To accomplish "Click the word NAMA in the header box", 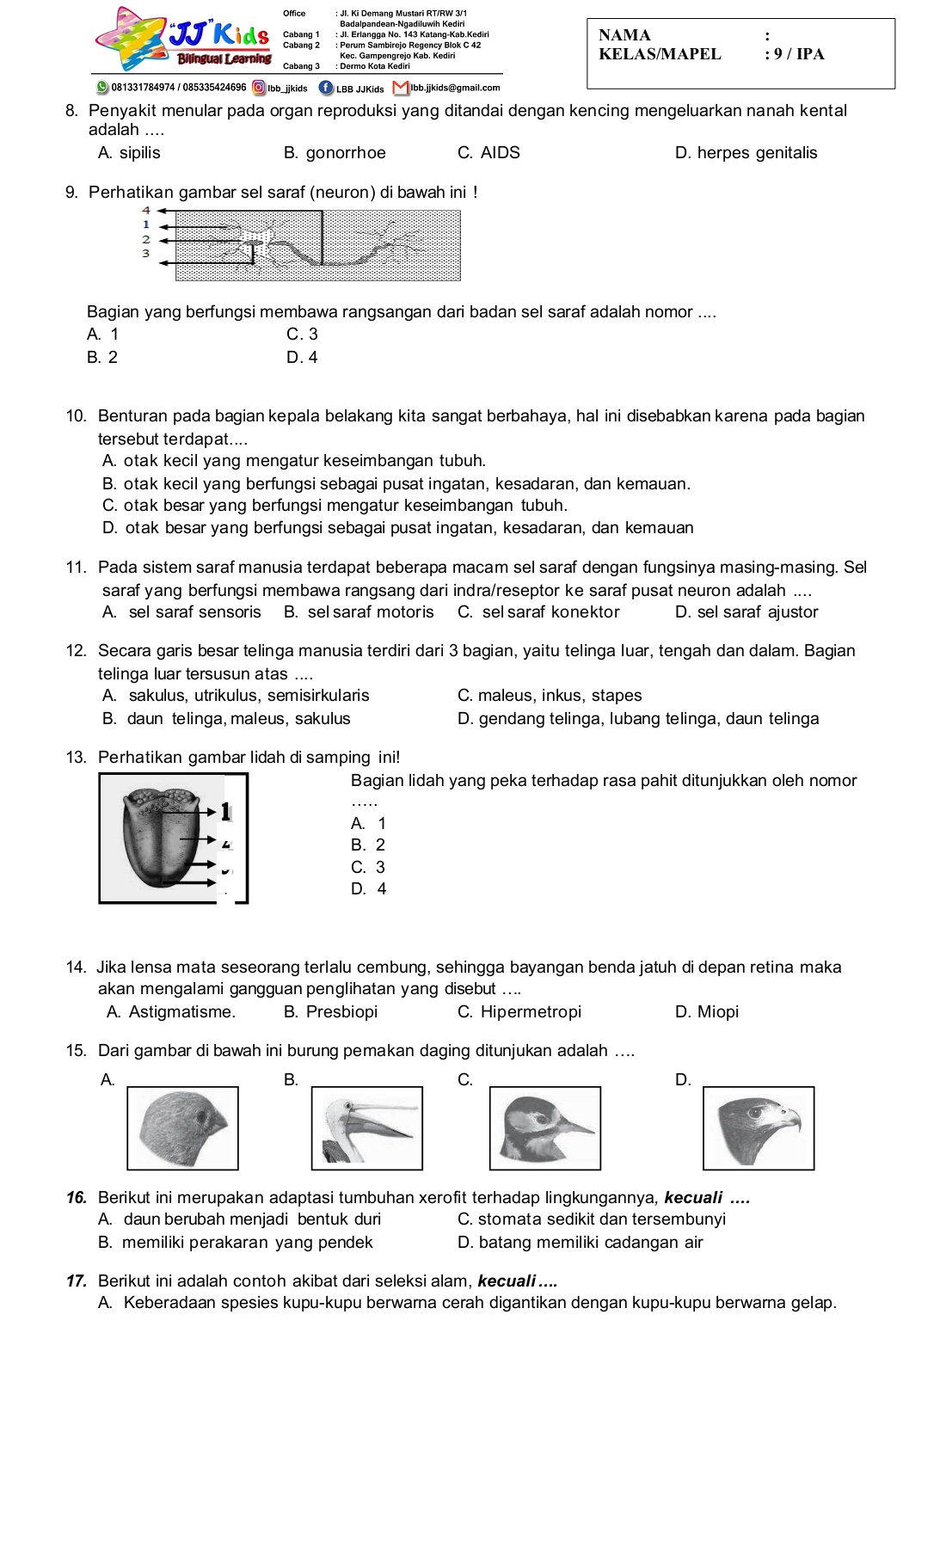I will tap(624, 35).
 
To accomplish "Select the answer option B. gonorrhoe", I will tap(335, 153).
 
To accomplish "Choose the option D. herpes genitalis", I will tap(746, 153).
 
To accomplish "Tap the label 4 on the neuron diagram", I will tap(146, 210).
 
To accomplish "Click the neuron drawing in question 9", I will tap(318, 245).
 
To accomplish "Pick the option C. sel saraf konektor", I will tap(538, 612).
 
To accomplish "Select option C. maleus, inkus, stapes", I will tap(550, 696).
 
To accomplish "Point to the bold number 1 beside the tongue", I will tap(225, 811).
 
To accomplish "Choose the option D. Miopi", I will tap(707, 1012).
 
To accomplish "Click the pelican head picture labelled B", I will tap(367, 1128).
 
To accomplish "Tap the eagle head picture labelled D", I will tap(759, 1128).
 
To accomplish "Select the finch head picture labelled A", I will tap(183, 1128).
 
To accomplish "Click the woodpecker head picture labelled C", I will tap(545, 1128).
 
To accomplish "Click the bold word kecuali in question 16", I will tap(693, 1198).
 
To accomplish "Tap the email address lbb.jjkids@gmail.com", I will tap(455, 88).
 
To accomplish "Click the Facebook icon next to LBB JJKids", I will tap(325, 88).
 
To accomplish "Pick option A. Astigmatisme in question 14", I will tap(171, 1012).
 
